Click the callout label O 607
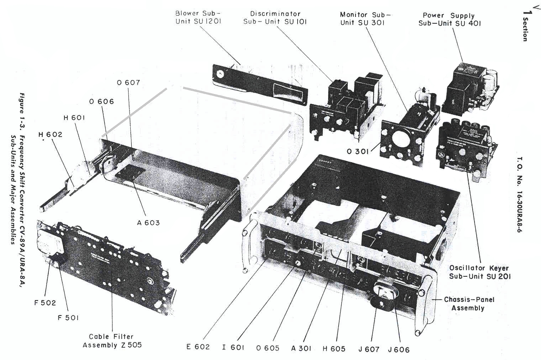pos(128,83)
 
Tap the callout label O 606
pos(102,102)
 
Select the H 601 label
pos(74,118)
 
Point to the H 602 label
pos(50,135)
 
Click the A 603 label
pos(148,223)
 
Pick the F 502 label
pos(45,303)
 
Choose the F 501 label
pos(68,318)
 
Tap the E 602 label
pos(198,347)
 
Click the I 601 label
pos(233,348)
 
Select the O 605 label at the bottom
pos(268,348)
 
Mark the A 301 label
pos(301,349)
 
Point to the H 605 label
pos(334,349)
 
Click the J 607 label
pos(369,349)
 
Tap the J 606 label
pos(399,350)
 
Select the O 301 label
pos(358,152)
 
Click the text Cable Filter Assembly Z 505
pos(112,341)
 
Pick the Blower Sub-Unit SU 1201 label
pos(198,17)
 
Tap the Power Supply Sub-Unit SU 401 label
pos(450,20)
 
